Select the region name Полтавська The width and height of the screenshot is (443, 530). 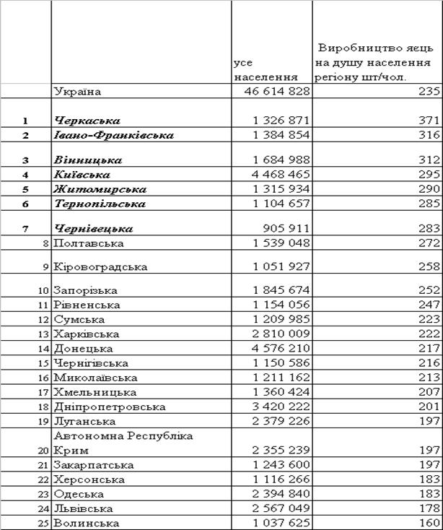pyautogui.click(x=88, y=244)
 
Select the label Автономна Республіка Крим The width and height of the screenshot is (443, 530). pyautogui.click(x=123, y=443)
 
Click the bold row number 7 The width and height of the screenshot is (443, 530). pyautogui.click(x=25, y=229)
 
